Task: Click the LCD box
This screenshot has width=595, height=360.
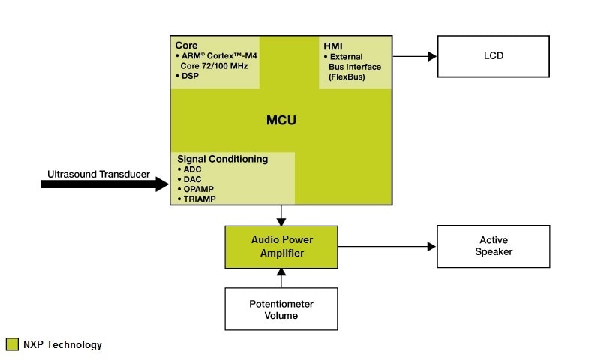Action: click(493, 55)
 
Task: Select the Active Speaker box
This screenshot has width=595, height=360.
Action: click(493, 246)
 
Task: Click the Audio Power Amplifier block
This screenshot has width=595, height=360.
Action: click(282, 246)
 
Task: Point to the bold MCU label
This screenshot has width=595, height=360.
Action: click(282, 120)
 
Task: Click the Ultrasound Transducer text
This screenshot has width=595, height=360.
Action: click(98, 175)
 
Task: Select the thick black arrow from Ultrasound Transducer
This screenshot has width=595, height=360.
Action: click(105, 184)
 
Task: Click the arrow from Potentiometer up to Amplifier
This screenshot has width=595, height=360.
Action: click(282, 277)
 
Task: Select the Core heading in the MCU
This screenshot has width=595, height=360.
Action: click(186, 45)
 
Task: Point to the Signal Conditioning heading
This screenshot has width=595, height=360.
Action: click(222, 159)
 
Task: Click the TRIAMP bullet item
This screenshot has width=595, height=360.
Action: click(199, 199)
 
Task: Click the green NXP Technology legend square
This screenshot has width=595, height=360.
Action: click(12, 344)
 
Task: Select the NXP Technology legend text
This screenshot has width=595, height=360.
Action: click(62, 345)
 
